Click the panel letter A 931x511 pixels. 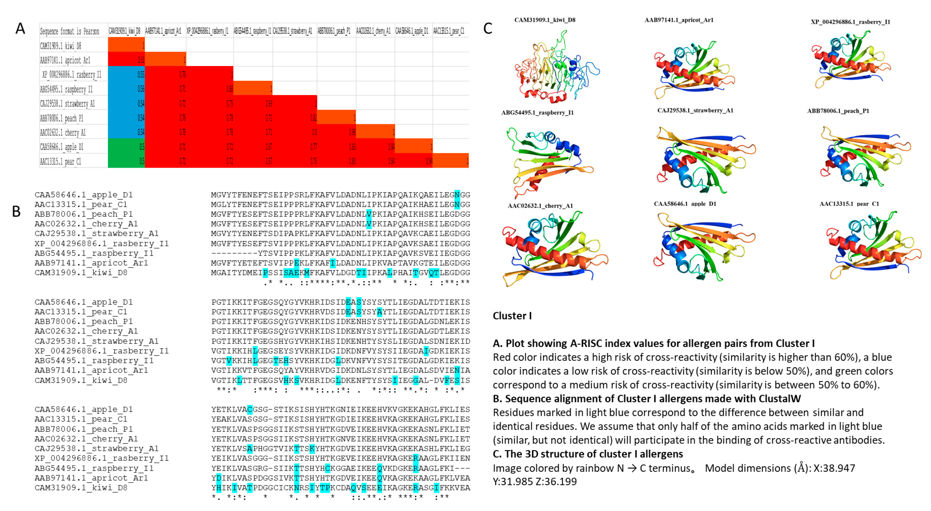[x=20, y=28]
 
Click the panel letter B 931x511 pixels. [x=16, y=212]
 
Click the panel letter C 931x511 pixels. [x=488, y=28]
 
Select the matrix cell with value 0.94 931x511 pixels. [x=429, y=161]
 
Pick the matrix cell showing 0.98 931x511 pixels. [x=352, y=132]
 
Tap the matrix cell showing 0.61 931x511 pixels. [x=141, y=60]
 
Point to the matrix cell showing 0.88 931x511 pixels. [x=230, y=89]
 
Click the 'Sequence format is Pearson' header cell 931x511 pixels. [x=70, y=31]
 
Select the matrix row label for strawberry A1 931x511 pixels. [x=67, y=104]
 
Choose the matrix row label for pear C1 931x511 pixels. [x=61, y=162]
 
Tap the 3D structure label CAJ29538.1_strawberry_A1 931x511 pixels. [x=695, y=111]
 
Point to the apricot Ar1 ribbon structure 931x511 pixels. [x=692, y=71]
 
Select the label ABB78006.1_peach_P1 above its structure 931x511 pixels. [x=838, y=111]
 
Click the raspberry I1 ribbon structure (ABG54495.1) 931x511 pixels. [x=548, y=161]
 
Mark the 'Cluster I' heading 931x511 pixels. [x=512, y=316]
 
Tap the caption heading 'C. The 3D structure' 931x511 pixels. [x=588, y=454]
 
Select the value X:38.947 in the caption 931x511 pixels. [x=834, y=468]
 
